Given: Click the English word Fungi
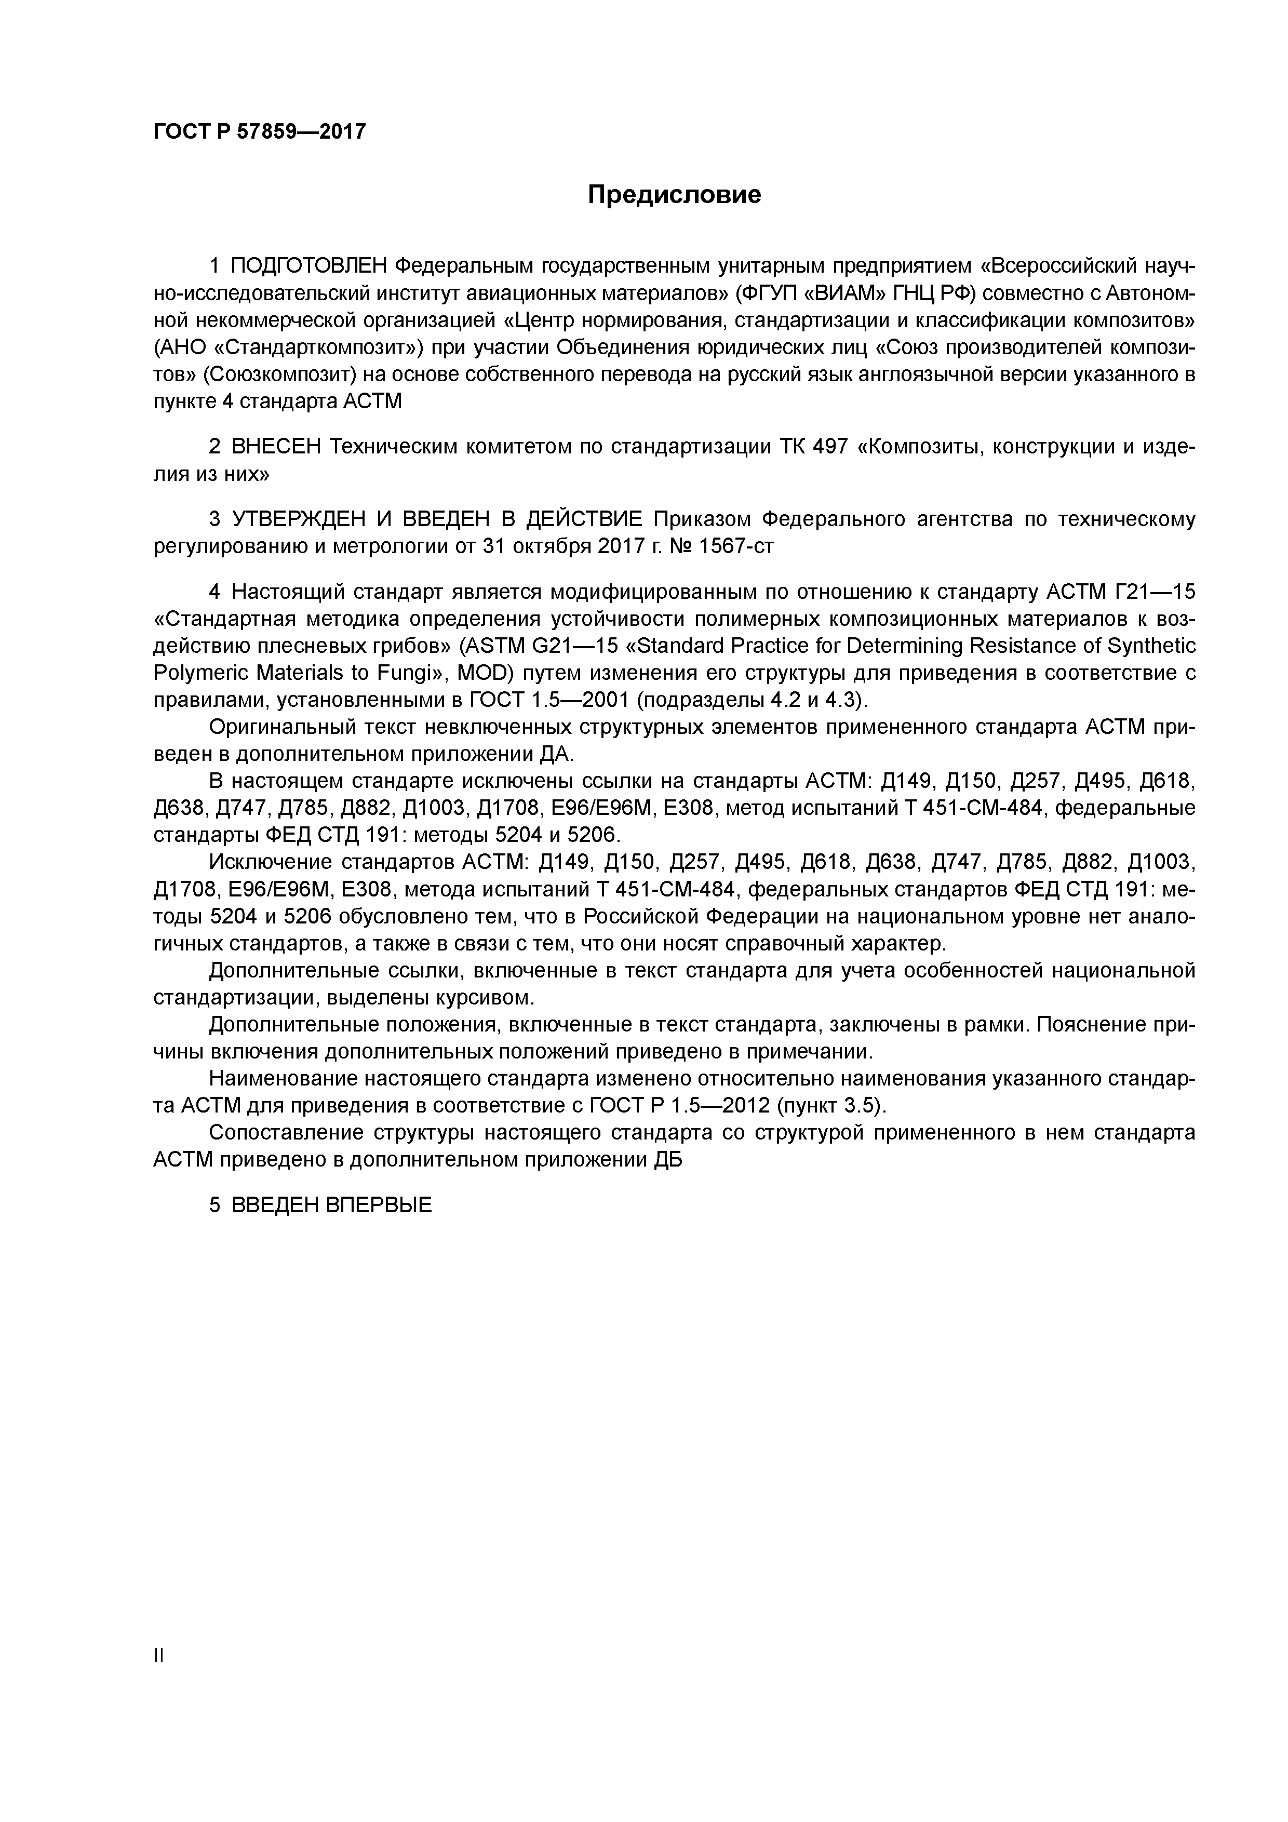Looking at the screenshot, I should click(404, 674).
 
